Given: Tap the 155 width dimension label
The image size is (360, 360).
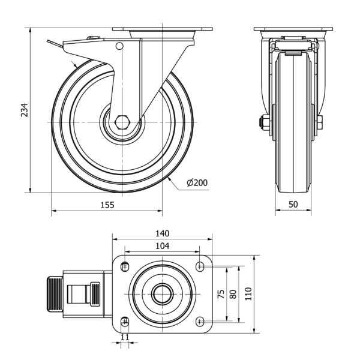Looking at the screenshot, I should (107, 205).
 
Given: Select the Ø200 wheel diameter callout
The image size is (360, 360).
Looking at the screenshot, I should (197, 182).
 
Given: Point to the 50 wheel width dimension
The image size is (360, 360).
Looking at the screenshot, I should (293, 205).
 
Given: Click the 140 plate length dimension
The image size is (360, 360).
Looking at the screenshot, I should (163, 233).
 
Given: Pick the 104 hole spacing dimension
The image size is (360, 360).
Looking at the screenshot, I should (163, 245).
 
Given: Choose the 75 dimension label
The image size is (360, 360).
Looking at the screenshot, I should (221, 294).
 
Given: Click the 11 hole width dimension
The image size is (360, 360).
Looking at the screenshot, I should (125, 338).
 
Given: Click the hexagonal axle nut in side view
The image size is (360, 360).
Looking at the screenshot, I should (123, 121).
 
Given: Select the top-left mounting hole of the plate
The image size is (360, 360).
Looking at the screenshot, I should (125, 266).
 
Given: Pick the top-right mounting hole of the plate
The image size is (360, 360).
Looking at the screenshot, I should (200, 266).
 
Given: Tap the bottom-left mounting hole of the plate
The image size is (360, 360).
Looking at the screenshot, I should (125, 320).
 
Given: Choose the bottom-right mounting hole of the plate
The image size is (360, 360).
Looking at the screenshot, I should (200, 320).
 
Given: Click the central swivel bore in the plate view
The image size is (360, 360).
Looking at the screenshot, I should (162, 293).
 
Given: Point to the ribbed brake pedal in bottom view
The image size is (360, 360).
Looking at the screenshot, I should (55, 294).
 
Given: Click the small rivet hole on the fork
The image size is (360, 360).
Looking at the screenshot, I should (119, 46).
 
